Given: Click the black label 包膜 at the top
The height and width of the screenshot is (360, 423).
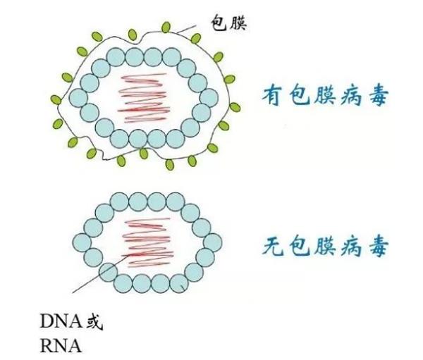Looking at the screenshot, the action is pyautogui.click(x=228, y=23).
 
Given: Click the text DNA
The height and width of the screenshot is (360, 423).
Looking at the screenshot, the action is pyautogui.click(x=61, y=321).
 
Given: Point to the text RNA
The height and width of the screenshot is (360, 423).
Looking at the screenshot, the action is pyautogui.click(x=61, y=346).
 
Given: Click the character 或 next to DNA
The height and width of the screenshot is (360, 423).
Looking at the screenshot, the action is pyautogui.click(x=94, y=321).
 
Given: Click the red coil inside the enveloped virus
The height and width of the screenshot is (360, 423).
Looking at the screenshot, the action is pyautogui.click(x=144, y=98).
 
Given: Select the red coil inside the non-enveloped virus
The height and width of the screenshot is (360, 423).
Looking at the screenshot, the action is pyautogui.click(x=148, y=242).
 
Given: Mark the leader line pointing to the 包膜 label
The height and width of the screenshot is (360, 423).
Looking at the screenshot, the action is pyautogui.click(x=186, y=30).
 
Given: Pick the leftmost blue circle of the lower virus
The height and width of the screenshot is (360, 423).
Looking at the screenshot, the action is pyautogui.click(x=82, y=242).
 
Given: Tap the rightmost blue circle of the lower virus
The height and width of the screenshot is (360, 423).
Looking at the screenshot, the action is pyautogui.click(x=213, y=242).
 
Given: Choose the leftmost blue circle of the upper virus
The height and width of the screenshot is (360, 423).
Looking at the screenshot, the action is pyautogui.click(x=78, y=98).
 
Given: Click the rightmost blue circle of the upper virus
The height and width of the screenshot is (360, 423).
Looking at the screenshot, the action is pyautogui.click(x=209, y=97).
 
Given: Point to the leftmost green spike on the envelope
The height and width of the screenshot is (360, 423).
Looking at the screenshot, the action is pyautogui.click(x=56, y=100).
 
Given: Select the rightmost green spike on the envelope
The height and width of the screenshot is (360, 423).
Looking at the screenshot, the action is pyautogui.click(x=235, y=107).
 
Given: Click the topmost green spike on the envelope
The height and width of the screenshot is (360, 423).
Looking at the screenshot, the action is pyautogui.click(x=166, y=27).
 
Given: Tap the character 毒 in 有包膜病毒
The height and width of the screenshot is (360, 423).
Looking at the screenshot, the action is pyautogui.click(x=379, y=96).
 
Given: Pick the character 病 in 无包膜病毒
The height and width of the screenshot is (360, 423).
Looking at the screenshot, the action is pyautogui.click(x=351, y=246).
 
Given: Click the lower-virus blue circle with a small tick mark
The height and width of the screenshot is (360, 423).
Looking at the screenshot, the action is pyautogui.click(x=179, y=284).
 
